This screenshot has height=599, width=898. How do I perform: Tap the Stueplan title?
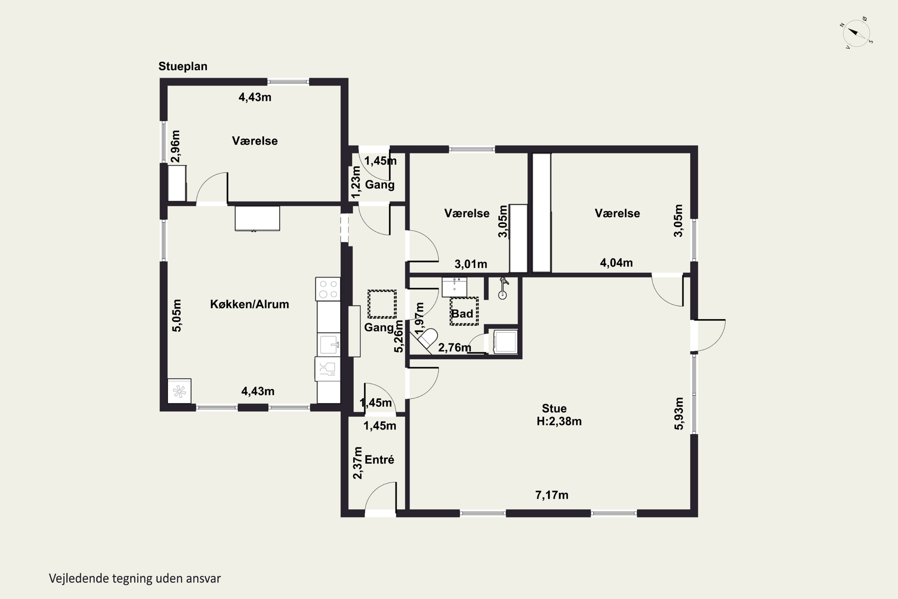183,66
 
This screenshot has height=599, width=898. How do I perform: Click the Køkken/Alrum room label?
249,305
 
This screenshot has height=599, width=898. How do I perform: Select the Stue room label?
554,409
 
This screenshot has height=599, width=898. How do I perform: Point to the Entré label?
379,459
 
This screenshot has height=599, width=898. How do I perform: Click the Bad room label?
462,314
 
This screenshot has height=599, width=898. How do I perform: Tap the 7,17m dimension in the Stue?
552,495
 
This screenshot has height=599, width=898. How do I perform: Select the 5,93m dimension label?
679,414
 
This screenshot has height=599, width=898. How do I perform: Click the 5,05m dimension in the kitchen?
177,316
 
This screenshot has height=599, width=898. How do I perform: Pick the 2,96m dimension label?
175,147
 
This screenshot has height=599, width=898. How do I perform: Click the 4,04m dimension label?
616,263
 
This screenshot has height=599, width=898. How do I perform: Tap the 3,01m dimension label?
471,264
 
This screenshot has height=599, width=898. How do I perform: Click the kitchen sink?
328,345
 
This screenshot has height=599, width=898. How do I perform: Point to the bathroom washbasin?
454,287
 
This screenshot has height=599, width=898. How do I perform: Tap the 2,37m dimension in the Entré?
358,463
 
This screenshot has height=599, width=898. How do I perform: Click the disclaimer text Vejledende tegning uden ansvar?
135,579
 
